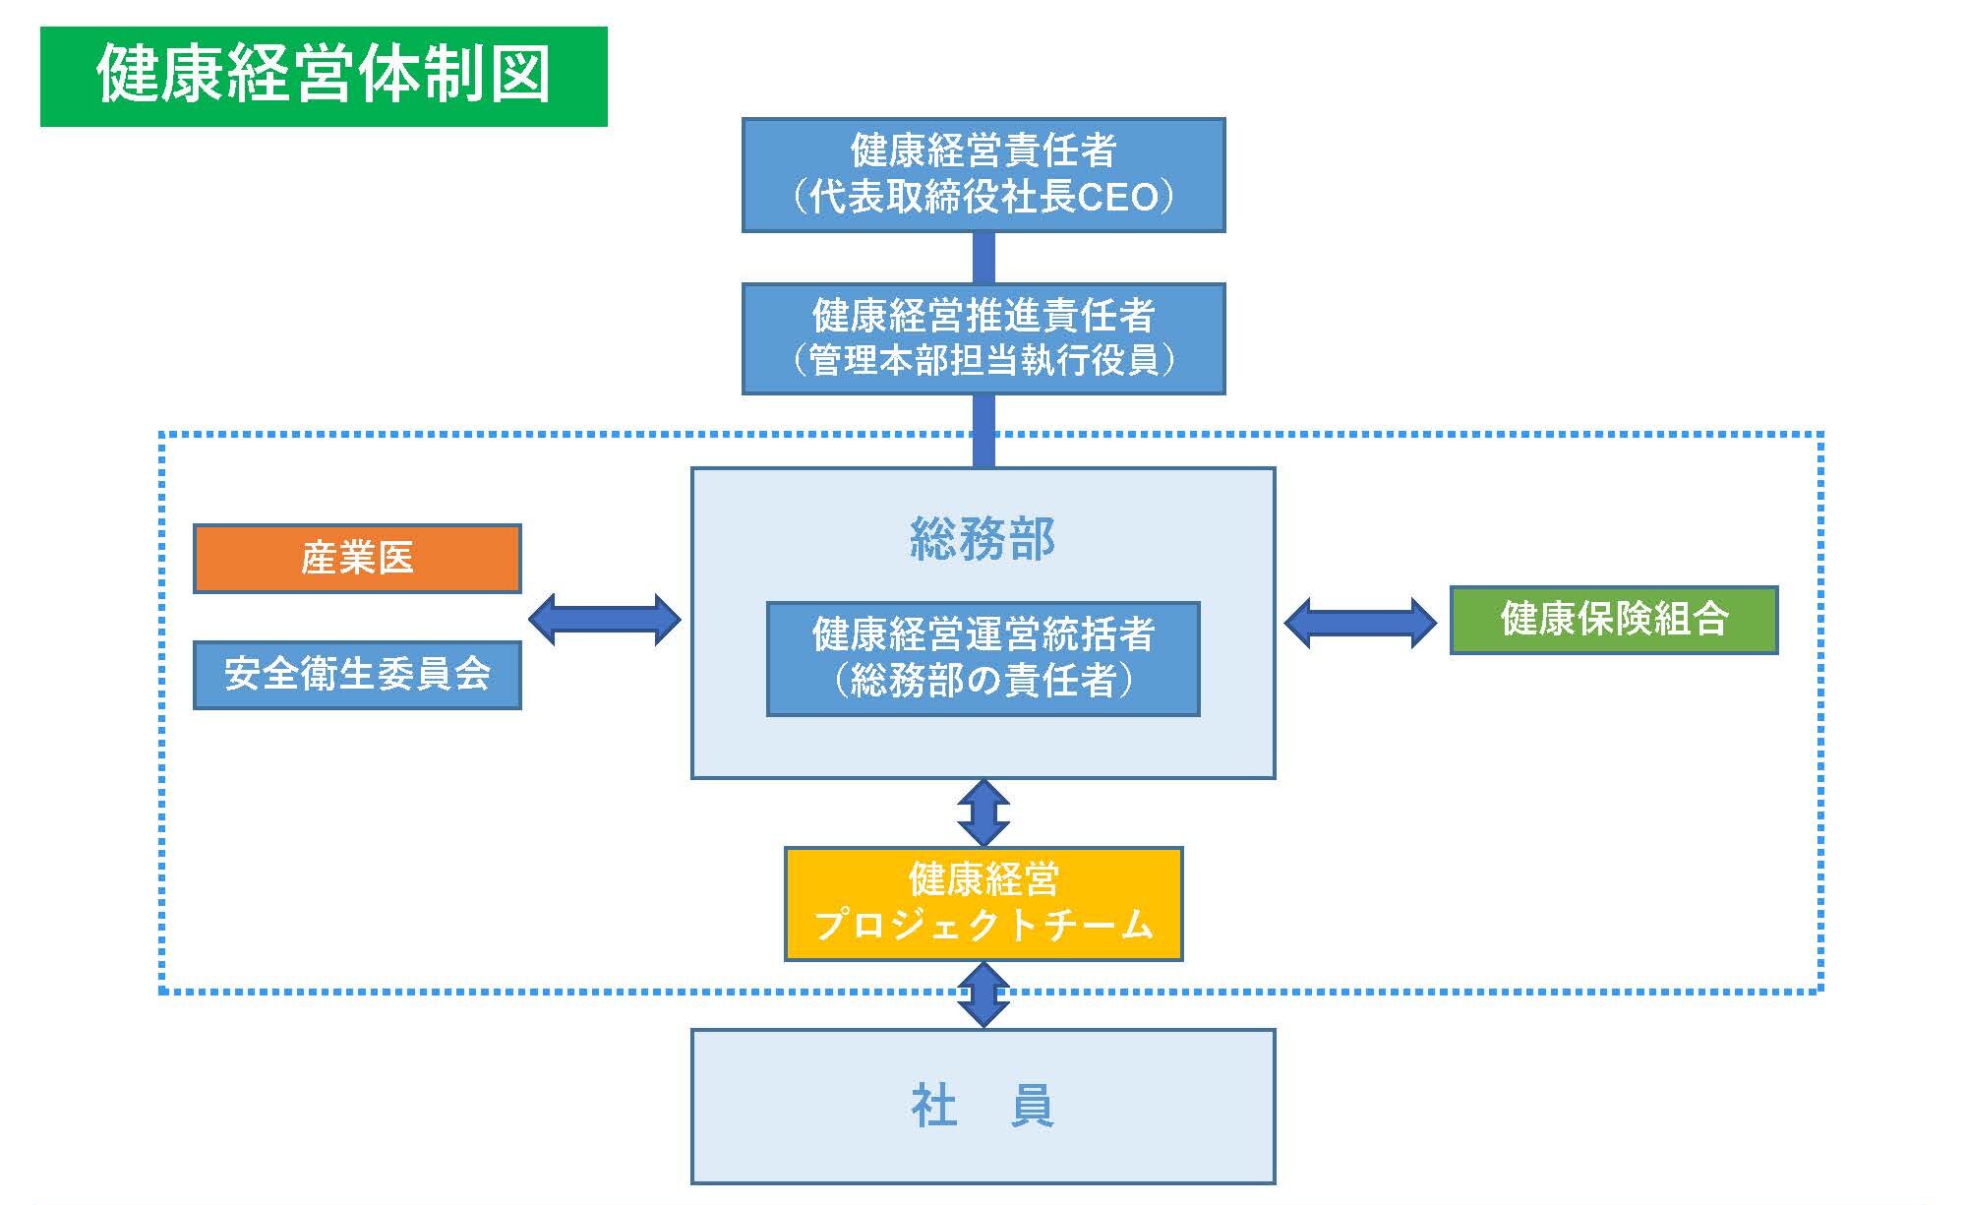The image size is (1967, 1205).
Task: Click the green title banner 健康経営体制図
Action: click(324, 77)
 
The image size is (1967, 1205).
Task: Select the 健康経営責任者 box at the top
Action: click(983, 175)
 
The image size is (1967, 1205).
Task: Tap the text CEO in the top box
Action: click(1119, 198)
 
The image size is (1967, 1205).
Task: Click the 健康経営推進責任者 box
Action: click(983, 339)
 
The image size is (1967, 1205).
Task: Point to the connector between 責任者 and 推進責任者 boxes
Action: click(983, 258)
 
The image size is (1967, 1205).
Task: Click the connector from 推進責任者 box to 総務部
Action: click(983, 431)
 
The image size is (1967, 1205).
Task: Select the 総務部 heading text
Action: click(983, 539)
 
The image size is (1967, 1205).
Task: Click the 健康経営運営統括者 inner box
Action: click(983, 658)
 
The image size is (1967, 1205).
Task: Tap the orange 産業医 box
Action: click(357, 559)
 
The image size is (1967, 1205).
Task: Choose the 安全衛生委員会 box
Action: click(357, 675)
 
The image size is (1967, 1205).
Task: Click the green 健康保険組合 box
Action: click(1614, 620)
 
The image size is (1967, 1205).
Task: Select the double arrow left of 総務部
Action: click(605, 619)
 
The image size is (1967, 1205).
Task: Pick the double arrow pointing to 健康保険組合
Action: click(1360, 623)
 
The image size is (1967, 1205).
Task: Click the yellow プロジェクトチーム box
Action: click(983, 904)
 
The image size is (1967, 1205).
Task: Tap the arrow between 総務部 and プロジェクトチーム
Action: click(983, 813)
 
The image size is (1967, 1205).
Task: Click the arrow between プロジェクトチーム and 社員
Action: click(983, 994)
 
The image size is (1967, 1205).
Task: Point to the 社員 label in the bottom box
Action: click(983, 1107)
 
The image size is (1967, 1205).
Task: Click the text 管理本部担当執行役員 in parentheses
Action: click(983, 361)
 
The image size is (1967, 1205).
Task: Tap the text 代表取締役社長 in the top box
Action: click(942, 198)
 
